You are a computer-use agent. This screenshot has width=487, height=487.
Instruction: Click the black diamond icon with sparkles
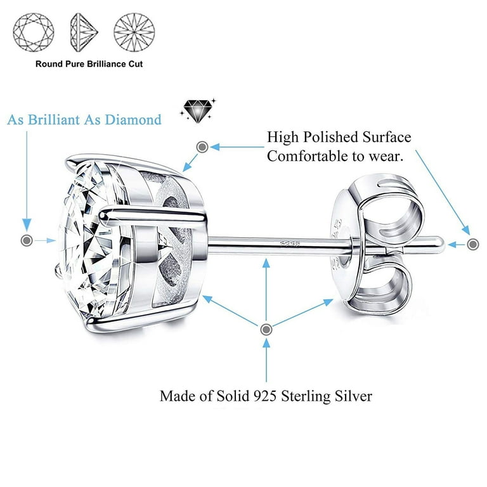point(198,110)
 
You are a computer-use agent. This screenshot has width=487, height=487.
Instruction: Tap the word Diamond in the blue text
point(133,120)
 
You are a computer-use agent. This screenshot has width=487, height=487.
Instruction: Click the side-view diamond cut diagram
point(84,32)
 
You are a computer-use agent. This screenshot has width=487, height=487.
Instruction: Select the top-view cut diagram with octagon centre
point(34,32)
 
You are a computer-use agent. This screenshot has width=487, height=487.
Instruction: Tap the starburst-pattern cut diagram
point(134,32)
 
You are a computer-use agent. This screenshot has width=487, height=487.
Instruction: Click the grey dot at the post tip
point(473,244)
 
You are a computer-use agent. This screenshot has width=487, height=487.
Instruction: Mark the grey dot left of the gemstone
point(27,240)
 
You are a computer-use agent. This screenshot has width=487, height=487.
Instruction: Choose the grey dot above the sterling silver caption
point(266,330)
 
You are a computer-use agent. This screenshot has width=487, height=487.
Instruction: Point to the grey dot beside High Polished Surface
point(202,146)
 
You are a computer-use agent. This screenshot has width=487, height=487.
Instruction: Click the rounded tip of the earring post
point(441,243)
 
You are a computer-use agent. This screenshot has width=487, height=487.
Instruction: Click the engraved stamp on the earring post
point(289,243)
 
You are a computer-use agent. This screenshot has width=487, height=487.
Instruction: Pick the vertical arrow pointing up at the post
point(266,289)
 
